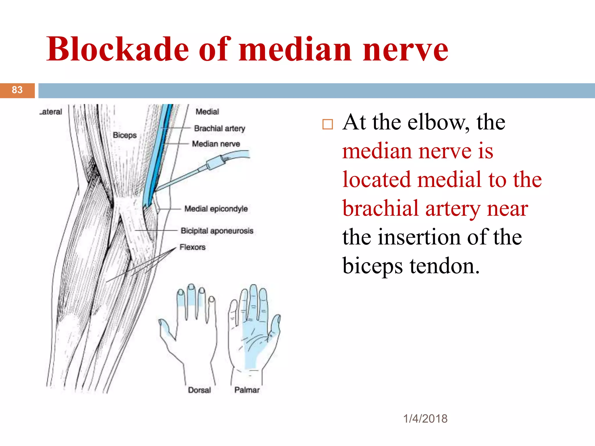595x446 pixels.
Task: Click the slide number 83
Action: coord(17,90)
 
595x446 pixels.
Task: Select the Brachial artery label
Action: coord(219,128)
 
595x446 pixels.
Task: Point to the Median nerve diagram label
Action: coord(216,144)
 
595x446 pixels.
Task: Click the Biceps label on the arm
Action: coord(125,135)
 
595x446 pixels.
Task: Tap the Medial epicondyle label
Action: coord(216,208)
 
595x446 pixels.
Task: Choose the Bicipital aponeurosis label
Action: coord(217,231)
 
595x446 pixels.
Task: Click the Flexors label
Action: coord(192,247)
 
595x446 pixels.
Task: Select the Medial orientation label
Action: coord(207,111)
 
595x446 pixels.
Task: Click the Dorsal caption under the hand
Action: coord(199,390)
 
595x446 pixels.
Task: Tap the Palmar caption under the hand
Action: coord(247,390)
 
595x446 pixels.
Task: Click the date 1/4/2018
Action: coord(425,419)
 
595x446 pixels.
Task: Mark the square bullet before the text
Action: coord(327,124)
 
